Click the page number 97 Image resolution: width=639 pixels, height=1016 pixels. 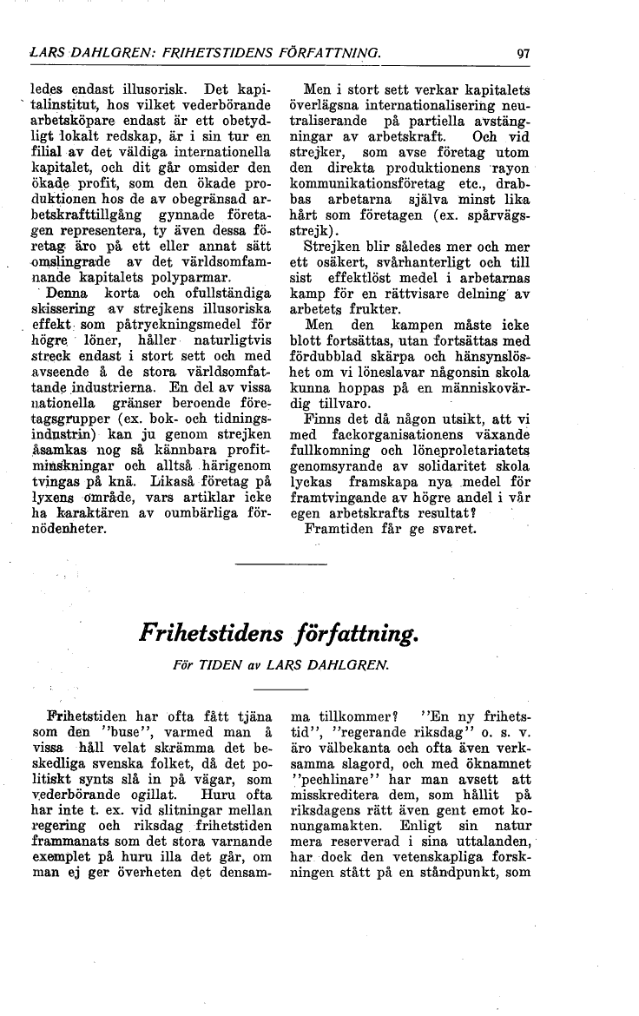pyautogui.click(x=523, y=54)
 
